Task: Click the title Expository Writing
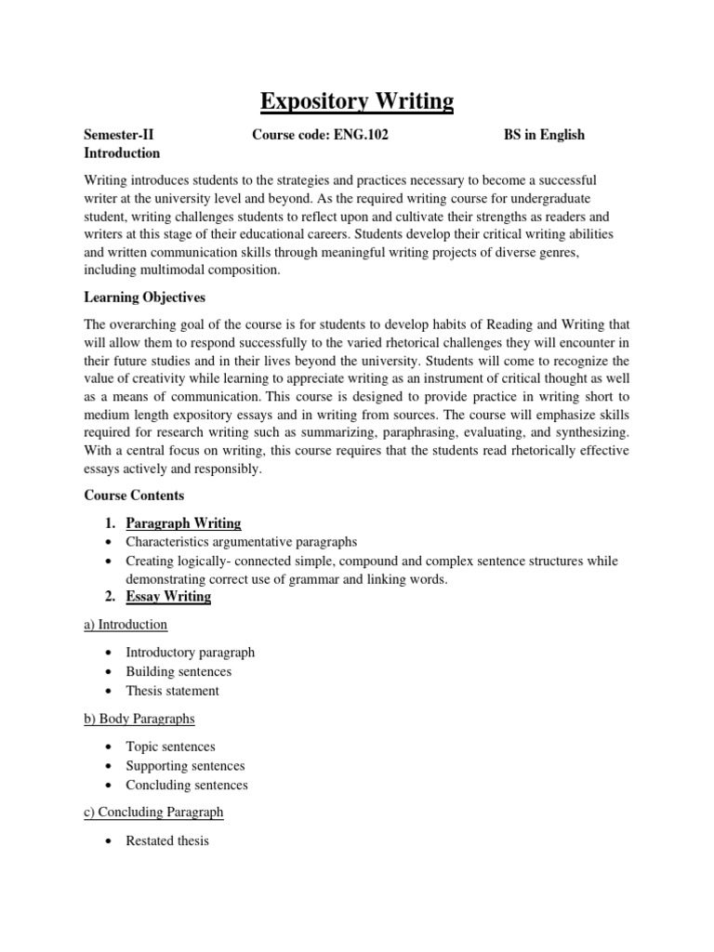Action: click(x=357, y=100)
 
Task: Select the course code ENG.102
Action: click(x=320, y=135)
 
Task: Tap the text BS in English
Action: click(x=544, y=135)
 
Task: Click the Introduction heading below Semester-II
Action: click(x=122, y=153)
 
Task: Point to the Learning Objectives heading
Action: click(x=144, y=297)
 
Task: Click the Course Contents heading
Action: click(x=135, y=496)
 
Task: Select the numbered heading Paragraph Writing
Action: click(x=183, y=523)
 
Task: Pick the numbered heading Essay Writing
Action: click(x=168, y=597)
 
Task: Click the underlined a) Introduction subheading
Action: click(x=126, y=625)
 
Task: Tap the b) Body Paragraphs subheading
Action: click(x=139, y=719)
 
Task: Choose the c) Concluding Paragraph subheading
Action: click(x=153, y=813)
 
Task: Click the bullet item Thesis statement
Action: click(x=172, y=691)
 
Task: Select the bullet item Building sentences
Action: click(x=178, y=672)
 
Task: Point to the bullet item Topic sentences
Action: click(x=170, y=747)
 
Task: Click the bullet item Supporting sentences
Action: click(x=185, y=766)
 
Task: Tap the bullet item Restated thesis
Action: click(x=167, y=841)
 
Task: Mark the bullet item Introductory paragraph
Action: click(x=190, y=653)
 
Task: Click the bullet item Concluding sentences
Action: click(x=187, y=785)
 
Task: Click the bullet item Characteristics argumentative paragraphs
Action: click(x=241, y=542)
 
